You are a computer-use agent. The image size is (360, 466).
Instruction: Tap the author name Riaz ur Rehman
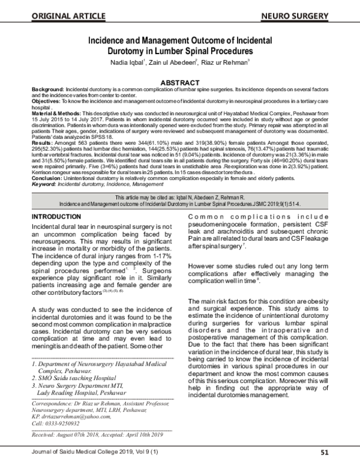(x=226, y=62)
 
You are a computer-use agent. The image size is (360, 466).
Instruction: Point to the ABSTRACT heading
(x=180, y=82)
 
